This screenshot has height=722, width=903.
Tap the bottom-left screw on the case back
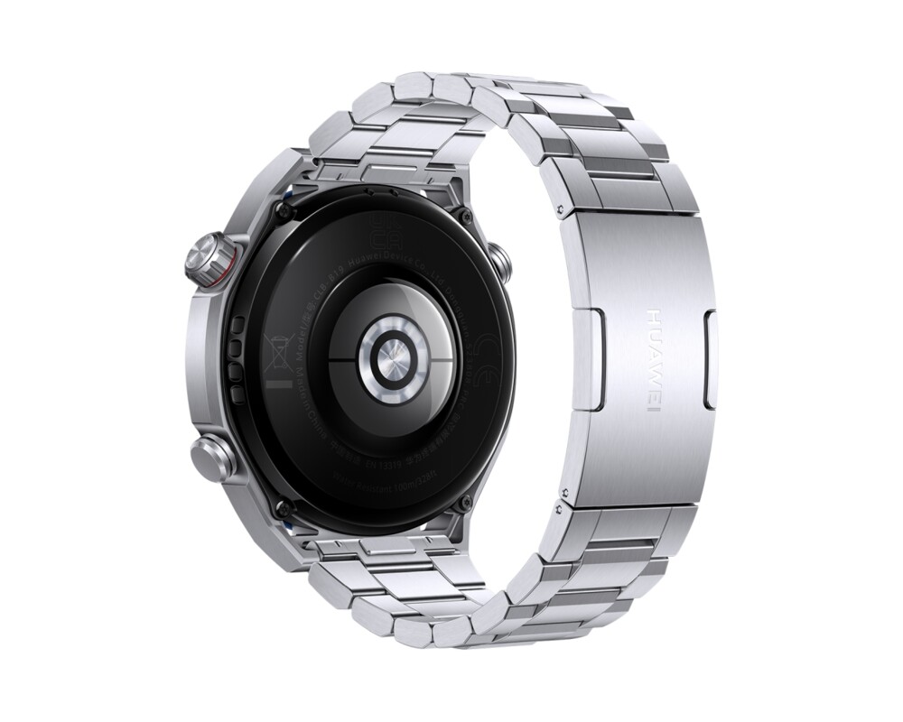pyautogui.click(x=282, y=507)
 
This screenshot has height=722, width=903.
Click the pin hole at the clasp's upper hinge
pyautogui.click(x=563, y=209)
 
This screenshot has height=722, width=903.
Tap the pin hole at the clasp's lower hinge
pyautogui.click(x=563, y=494)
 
